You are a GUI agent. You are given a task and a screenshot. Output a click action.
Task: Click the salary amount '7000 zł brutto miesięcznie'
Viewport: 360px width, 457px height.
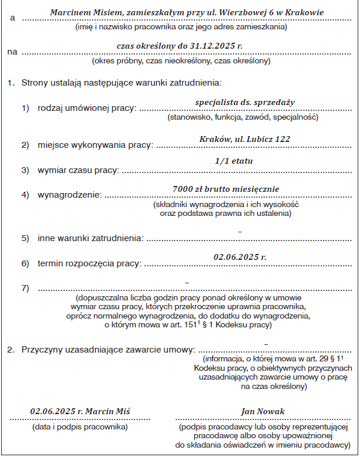point(226,189)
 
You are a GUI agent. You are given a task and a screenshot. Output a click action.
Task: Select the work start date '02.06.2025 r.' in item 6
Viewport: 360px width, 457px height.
point(240,256)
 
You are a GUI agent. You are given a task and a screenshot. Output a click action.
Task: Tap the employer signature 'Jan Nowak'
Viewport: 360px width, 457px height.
point(263,411)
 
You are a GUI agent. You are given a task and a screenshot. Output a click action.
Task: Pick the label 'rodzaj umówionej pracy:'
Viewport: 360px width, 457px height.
point(87,109)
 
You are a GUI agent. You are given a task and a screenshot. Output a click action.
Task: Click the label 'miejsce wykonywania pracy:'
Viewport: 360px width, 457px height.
point(95,145)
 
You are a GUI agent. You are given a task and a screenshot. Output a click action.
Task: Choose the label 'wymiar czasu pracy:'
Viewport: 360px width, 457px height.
point(78,171)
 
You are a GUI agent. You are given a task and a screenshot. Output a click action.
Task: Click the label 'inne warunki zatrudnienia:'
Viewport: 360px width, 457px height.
point(90,239)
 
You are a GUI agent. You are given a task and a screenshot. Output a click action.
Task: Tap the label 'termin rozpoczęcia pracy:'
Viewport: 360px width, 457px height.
point(89,264)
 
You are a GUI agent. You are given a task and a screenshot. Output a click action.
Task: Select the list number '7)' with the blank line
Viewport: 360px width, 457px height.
point(26,288)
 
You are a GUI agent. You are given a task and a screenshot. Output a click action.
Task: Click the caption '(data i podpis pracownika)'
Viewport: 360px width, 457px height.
point(80,427)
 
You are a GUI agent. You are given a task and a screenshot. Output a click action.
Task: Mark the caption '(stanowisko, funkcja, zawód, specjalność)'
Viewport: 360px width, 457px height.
point(243,118)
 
